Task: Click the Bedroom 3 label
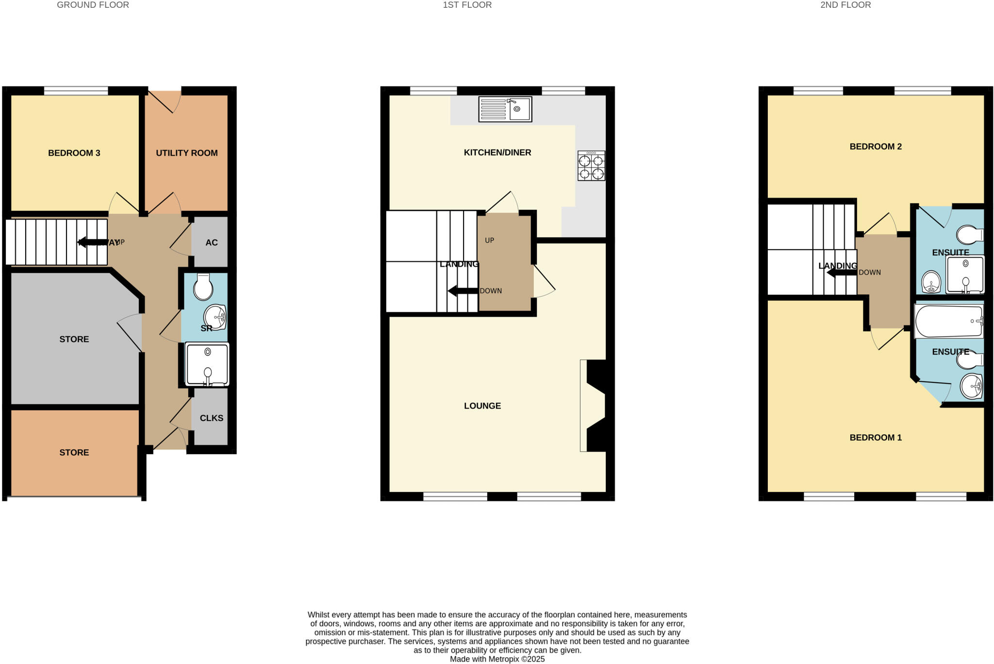pyautogui.click(x=74, y=153)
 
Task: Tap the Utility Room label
pyautogui.click(x=186, y=153)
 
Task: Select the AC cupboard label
pyautogui.click(x=211, y=242)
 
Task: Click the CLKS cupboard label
pyautogui.click(x=211, y=418)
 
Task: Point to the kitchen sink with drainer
pyautogui.click(x=505, y=109)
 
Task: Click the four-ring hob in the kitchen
pyautogui.click(x=591, y=166)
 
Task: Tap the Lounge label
pyautogui.click(x=482, y=406)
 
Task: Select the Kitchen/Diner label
pyautogui.click(x=497, y=153)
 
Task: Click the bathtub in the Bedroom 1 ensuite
pyautogui.click(x=948, y=321)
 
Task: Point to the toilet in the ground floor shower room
pyautogui.click(x=203, y=287)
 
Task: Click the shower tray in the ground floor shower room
pyautogui.click(x=207, y=364)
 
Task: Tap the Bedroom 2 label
pyautogui.click(x=875, y=146)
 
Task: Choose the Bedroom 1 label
pyautogui.click(x=875, y=437)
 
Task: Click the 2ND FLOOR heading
pyautogui.click(x=845, y=5)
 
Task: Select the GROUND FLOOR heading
pyautogui.click(x=93, y=5)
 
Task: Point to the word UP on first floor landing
pyautogui.click(x=489, y=240)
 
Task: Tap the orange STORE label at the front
pyautogui.click(x=74, y=452)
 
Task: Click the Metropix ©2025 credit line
pyautogui.click(x=497, y=659)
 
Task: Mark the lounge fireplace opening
pyautogui.click(x=593, y=406)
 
